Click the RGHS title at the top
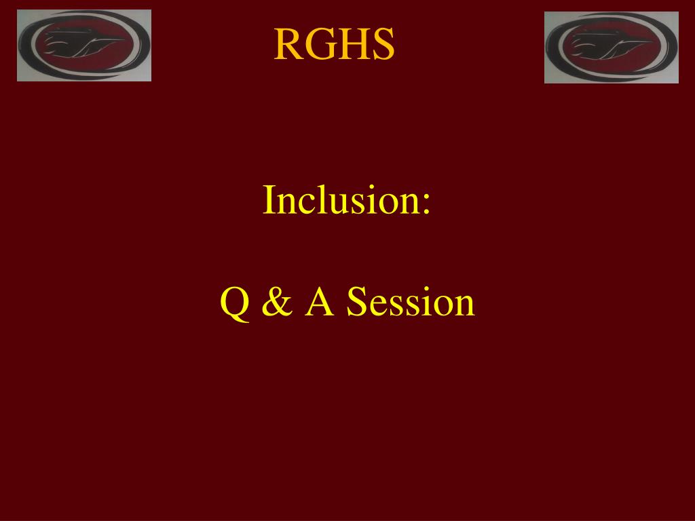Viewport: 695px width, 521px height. pyautogui.click(x=334, y=44)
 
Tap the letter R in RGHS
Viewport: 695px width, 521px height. pyautogui.click(x=288, y=44)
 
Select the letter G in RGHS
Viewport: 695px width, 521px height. pyautogui.click(x=320, y=44)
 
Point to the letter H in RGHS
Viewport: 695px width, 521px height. pyautogui.click(x=354, y=44)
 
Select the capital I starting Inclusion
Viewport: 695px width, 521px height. pyautogui.click(x=269, y=200)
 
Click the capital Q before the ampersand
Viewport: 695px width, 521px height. pyautogui.click(x=235, y=303)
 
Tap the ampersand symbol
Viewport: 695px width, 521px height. pyautogui.click(x=278, y=301)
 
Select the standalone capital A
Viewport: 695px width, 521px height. pyautogui.click(x=319, y=301)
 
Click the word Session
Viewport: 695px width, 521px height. pyautogui.click(x=411, y=301)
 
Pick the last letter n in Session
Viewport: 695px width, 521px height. pyautogui.click(x=464, y=306)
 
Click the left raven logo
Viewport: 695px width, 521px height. pyautogui.click(x=84, y=45)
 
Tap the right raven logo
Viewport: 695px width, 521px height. pyautogui.click(x=612, y=47)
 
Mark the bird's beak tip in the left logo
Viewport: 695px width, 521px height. pyautogui.click(x=126, y=40)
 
